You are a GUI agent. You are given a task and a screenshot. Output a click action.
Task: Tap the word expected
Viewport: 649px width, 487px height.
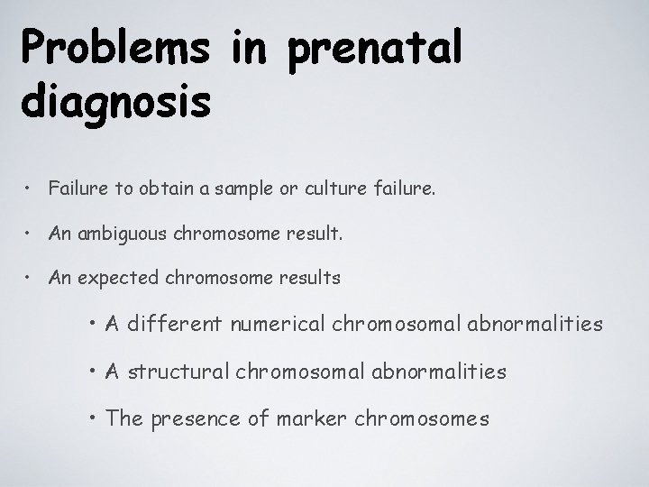click(119, 278)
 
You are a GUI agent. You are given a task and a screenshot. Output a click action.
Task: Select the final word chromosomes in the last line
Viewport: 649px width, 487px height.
click(422, 418)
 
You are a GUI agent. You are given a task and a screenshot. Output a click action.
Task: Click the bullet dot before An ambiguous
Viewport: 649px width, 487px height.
click(31, 234)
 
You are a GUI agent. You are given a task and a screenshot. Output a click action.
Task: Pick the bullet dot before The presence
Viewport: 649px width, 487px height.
click(95, 418)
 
